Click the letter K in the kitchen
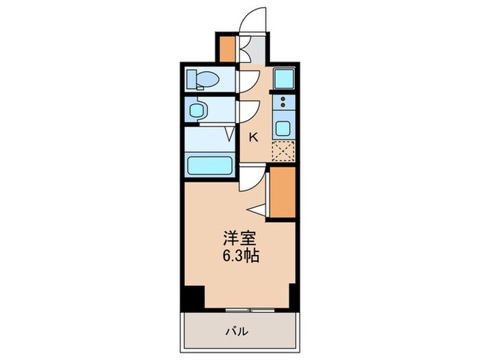click(x=253, y=137)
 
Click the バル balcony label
click(x=239, y=333)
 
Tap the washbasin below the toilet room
click(x=197, y=111)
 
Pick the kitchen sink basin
click(x=283, y=128)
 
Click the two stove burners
click(x=283, y=104)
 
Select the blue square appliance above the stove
click(x=283, y=79)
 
